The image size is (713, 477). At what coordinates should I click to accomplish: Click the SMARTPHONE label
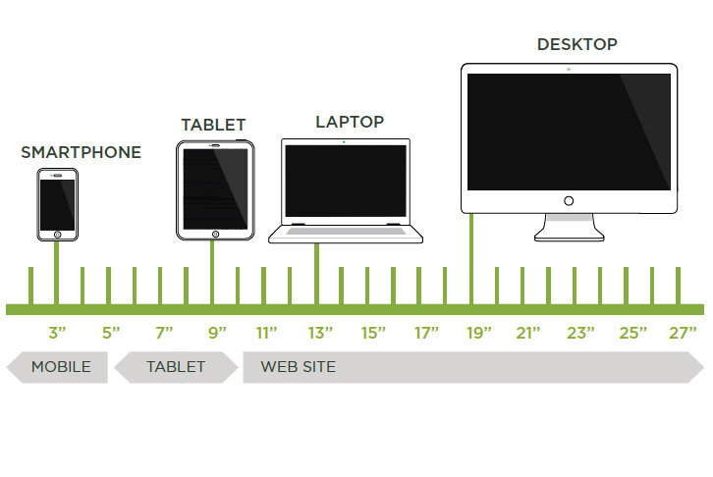(81, 152)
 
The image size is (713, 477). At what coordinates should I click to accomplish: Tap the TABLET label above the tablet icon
(213, 125)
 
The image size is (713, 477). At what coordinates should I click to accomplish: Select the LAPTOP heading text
(350, 122)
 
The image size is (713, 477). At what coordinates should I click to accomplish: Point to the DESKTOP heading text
(576, 44)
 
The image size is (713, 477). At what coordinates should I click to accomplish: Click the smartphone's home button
(57, 235)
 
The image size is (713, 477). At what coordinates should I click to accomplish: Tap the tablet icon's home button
(214, 234)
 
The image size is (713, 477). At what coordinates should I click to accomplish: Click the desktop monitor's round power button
(569, 201)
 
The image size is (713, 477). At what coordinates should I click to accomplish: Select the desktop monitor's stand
(569, 229)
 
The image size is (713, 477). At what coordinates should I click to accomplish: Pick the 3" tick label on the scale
(57, 333)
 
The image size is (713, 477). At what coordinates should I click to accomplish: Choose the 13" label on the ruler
(320, 333)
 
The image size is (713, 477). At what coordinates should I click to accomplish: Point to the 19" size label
(478, 333)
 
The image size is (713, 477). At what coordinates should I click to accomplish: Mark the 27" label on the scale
(683, 333)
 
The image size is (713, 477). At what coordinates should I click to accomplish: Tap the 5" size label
(111, 333)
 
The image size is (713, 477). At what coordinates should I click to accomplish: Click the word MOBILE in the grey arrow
(61, 367)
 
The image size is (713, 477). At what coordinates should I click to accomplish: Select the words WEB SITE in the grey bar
(298, 367)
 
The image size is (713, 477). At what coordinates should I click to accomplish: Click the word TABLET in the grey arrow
(176, 367)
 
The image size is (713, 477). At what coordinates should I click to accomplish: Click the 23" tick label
(580, 333)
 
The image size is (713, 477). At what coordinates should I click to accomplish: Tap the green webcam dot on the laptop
(344, 142)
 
